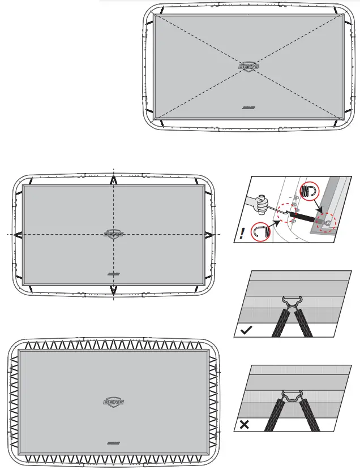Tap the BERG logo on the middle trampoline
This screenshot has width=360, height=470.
(x=114, y=234)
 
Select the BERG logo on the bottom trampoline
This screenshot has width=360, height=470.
(x=114, y=402)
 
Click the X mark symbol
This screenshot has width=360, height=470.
(x=245, y=424)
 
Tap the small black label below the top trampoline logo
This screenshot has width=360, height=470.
(x=248, y=106)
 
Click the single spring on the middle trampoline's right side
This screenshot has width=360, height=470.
(x=209, y=234)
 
